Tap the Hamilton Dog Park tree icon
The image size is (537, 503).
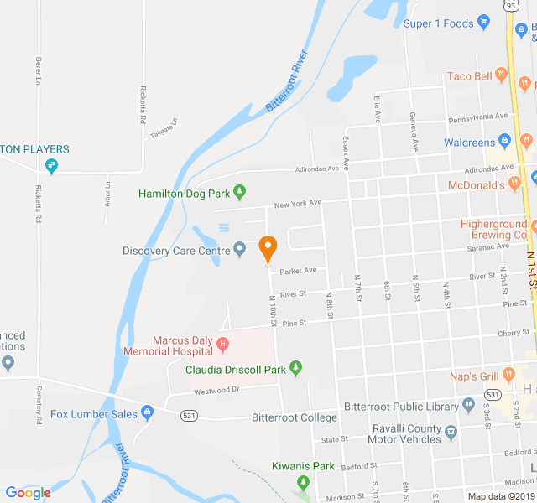click(240, 194)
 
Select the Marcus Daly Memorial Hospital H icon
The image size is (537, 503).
click(222, 344)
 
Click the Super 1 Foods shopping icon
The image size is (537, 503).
click(483, 23)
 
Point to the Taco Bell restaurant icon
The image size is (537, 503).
click(502, 75)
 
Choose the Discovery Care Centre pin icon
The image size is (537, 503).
click(239, 250)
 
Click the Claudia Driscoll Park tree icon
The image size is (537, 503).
click(295, 369)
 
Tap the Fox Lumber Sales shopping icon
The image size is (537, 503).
click(148, 413)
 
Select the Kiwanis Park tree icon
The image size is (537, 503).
click(303, 482)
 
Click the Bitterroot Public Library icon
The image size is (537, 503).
click(468, 407)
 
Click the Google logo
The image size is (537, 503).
click(28, 493)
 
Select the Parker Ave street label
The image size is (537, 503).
click(298, 271)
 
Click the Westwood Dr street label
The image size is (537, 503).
click(217, 390)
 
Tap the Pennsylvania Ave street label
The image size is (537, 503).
click(478, 117)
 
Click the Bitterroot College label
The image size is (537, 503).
click(295, 417)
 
